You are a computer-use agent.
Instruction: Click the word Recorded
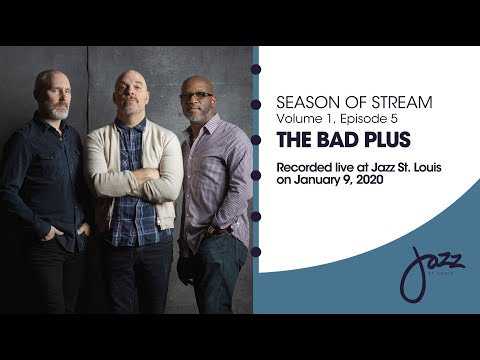click(305, 162)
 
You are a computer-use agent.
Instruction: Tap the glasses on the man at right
click(196, 96)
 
